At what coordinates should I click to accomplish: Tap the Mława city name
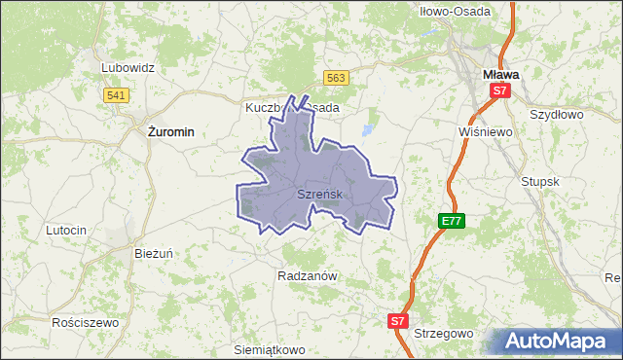(500, 73)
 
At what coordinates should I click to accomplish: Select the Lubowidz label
(128, 68)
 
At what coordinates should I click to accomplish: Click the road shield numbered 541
(116, 94)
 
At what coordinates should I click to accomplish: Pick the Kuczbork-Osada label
(292, 107)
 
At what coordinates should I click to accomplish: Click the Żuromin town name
(168, 130)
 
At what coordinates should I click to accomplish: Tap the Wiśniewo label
(484, 131)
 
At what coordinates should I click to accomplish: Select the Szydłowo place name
(555, 114)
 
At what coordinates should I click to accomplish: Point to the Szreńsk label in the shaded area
(318, 195)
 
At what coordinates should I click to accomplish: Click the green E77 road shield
(451, 221)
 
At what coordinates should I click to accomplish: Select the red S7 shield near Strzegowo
(397, 320)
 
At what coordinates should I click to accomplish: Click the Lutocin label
(67, 230)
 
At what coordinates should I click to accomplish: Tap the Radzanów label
(307, 275)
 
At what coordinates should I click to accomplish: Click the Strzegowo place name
(443, 333)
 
